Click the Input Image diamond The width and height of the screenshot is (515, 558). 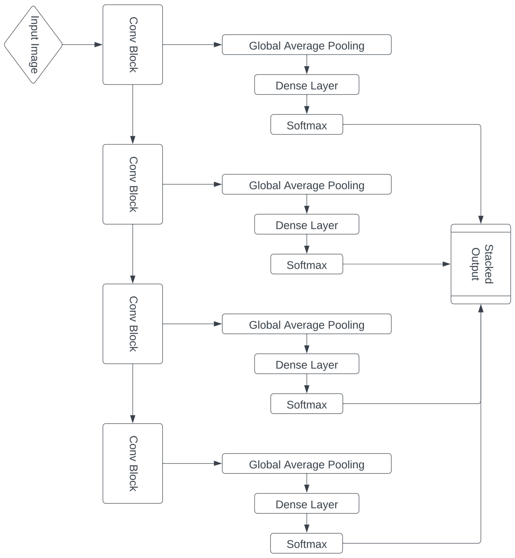[x=33, y=45]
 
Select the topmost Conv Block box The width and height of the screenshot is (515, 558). [x=133, y=45]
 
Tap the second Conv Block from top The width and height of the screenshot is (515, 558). [x=133, y=184]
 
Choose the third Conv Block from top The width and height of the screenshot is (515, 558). [x=133, y=324]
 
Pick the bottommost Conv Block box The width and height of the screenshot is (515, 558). [x=133, y=463]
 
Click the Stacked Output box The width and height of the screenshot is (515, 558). [x=481, y=264]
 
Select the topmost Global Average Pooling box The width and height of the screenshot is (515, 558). [x=307, y=45]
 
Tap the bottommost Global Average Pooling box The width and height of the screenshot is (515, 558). [x=307, y=463]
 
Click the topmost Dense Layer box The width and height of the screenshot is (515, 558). [x=307, y=84]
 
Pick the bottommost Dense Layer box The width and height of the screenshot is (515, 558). [x=307, y=503]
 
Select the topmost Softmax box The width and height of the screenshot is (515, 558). [x=307, y=125]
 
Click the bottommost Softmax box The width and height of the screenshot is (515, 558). [x=306, y=543]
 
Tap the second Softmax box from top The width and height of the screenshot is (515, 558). [x=307, y=264]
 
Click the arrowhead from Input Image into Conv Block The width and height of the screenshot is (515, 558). [x=98, y=45]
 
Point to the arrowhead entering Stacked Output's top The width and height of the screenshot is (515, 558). [x=481, y=219]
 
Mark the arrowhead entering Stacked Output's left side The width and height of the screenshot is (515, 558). [x=446, y=264]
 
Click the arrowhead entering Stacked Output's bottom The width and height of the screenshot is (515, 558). [x=481, y=308]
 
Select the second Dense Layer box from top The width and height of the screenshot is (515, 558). [x=307, y=224]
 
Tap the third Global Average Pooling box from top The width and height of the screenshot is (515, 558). [x=307, y=324]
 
